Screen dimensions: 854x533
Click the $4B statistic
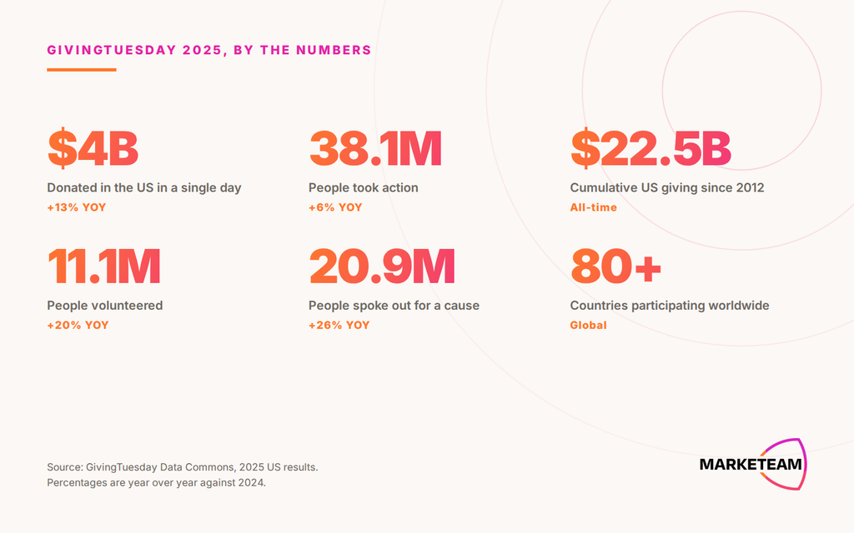pyautogui.click(x=93, y=148)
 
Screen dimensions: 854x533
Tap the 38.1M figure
pyautogui.click(x=375, y=148)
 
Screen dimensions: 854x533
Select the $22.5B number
pyautogui.click(x=651, y=148)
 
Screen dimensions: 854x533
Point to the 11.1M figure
pyautogui.click(x=104, y=266)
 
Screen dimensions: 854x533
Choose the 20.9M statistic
pyautogui.click(x=382, y=266)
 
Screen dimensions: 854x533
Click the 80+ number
pyautogui.click(x=615, y=266)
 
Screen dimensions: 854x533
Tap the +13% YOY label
pyautogui.click(x=76, y=207)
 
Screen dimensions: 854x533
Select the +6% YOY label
pyautogui.click(x=335, y=207)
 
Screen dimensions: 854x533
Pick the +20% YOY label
pyautogui.click(x=78, y=326)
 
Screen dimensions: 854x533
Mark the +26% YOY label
pyautogui.click(x=339, y=326)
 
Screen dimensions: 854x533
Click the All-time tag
pyautogui.click(x=593, y=207)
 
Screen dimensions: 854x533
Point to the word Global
pyautogui.click(x=588, y=326)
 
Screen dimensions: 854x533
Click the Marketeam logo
pyautogui.click(x=753, y=464)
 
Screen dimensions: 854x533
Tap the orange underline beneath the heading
pyautogui.click(x=82, y=70)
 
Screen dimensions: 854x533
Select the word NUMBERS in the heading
pyautogui.click(x=334, y=50)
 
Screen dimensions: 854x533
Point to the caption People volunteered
pyautogui.click(x=104, y=305)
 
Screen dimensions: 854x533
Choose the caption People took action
pyautogui.click(x=364, y=187)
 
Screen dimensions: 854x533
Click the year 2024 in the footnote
pyautogui.click(x=253, y=482)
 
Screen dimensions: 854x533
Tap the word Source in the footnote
pyautogui.click(x=63, y=467)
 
